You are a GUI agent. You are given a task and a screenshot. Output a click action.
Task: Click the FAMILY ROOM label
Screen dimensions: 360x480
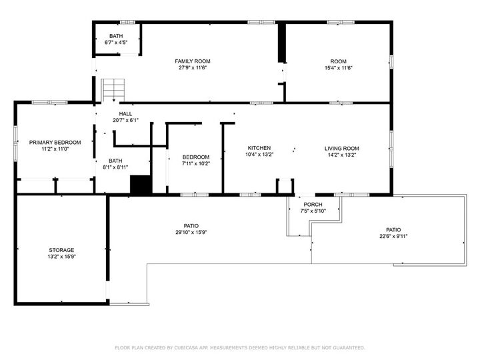tap(193, 61)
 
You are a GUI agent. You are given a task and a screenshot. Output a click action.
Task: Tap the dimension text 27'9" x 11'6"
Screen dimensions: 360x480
tap(193, 68)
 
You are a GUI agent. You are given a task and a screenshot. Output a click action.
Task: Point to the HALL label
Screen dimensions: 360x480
tap(125, 114)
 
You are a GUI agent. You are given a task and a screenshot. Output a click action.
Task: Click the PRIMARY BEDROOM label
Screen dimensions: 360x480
tap(55, 143)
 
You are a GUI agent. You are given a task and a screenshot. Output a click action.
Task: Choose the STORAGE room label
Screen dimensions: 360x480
tap(61, 250)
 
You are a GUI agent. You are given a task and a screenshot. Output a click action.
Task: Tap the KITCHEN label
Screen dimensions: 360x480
tap(259, 148)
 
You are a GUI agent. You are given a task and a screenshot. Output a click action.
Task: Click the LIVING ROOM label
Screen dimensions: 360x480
tap(342, 148)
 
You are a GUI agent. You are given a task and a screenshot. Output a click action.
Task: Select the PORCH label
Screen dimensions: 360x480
tap(313, 205)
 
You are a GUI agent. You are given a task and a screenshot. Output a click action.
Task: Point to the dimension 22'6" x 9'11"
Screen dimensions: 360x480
tap(393, 236)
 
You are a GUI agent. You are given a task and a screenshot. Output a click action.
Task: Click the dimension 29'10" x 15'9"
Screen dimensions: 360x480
tap(191, 233)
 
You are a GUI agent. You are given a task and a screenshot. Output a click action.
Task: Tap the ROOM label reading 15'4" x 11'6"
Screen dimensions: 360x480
tap(338, 61)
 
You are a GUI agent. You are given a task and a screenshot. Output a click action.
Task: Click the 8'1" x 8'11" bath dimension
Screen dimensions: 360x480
tap(116, 167)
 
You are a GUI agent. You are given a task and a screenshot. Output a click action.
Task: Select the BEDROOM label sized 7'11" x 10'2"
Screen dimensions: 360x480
tap(196, 157)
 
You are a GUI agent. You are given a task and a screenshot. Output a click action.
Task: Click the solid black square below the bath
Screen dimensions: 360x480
tap(141, 185)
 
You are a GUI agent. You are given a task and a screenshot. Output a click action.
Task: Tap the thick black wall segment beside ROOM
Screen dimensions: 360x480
tap(282, 44)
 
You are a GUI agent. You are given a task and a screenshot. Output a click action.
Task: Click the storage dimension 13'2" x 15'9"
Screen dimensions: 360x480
tap(61, 257)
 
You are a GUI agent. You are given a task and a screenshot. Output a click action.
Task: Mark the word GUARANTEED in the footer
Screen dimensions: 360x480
tap(348, 347)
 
